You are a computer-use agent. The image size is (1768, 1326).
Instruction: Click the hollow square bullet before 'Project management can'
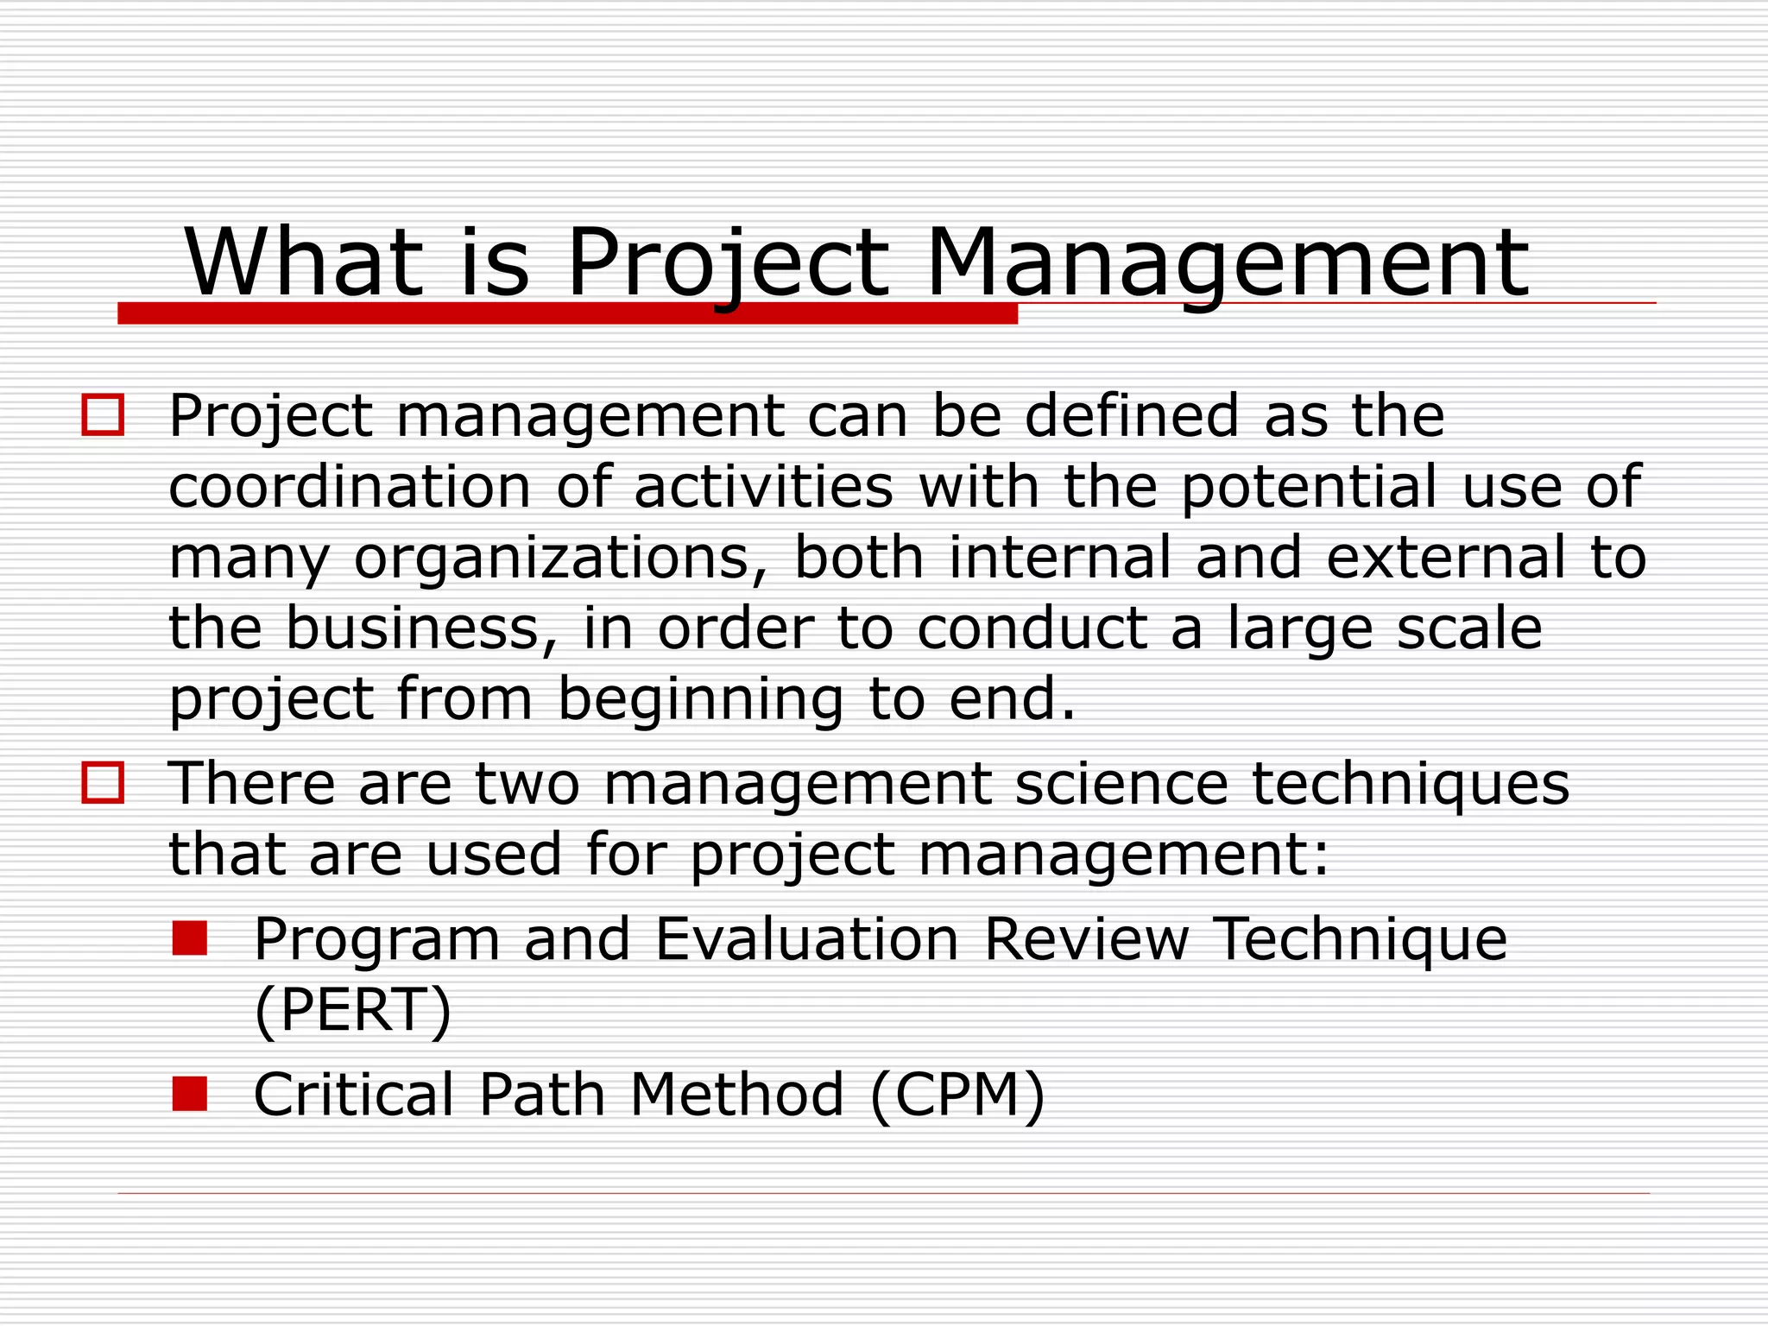pyautogui.click(x=103, y=415)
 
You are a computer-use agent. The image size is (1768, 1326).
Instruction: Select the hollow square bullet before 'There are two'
pyautogui.click(x=103, y=783)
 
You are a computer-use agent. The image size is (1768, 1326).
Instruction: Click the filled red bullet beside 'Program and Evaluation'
pyautogui.click(x=189, y=938)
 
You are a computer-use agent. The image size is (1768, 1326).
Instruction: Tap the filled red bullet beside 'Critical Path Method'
pyautogui.click(x=189, y=1094)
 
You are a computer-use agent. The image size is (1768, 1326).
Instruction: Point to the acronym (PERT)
pyautogui.click(x=353, y=1010)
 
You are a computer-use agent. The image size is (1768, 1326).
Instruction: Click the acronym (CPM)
pyautogui.click(x=958, y=1095)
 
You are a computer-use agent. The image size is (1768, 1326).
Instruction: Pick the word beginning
pyautogui.click(x=700, y=699)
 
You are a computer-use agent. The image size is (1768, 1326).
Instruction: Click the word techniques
pyautogui.click(x=1411, y=784)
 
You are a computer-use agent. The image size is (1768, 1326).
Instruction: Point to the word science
pyautogui.click(x=1121, y=784)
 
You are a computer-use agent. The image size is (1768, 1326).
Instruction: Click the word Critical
pyautogui.click(x=353, y=1094)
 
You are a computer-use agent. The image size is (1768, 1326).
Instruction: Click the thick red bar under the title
pyautogui.click(x=567, y=314)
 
